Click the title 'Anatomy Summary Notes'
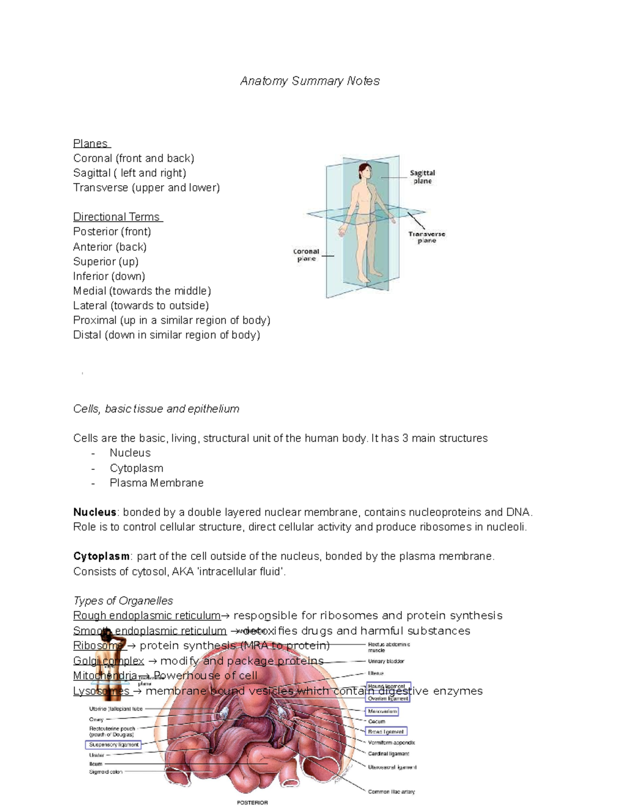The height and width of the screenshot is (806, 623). click(310, 81)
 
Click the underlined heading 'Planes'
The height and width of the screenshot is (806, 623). click(91, 143)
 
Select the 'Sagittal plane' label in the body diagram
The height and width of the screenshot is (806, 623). click(422, 177)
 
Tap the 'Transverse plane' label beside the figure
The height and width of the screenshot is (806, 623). click(426, 237)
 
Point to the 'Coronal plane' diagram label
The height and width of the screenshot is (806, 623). click(306, 255)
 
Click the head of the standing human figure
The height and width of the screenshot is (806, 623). click(365, 170)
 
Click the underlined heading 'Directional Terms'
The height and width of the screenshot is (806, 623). click(117, 217)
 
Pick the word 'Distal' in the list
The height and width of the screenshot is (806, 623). click(87, 335)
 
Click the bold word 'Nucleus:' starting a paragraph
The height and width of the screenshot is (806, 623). click(96, 512)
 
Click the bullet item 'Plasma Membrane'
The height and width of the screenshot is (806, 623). click(156, 483)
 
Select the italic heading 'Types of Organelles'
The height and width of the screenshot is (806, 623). click(123, 600)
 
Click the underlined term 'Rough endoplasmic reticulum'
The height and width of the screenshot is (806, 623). click(147, 616)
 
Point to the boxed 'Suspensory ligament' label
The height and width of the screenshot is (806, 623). click(113, 744)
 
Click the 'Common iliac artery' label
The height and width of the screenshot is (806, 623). click(391, 791)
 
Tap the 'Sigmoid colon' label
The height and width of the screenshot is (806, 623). click(105, 772)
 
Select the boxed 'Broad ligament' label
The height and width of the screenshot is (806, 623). click(386, 731)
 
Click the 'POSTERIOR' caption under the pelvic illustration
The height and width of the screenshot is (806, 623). click(252, 802)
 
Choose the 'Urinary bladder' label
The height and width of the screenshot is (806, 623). click(386, 661)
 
